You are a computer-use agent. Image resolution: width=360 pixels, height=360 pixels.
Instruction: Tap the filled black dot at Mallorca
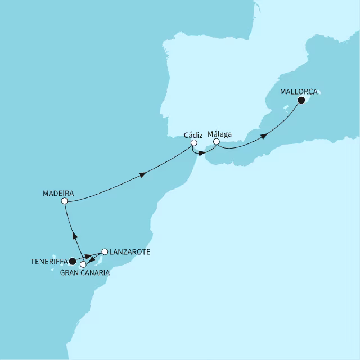tap(301, 100)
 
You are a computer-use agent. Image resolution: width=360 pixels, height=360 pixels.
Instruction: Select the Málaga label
tap(219, 134)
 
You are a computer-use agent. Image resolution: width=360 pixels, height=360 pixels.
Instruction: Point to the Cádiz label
tap(193, 135)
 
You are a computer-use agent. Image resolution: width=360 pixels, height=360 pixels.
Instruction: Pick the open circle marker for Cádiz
tap(193, 143)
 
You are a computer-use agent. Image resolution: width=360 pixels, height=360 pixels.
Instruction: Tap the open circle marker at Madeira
tap(65, 200)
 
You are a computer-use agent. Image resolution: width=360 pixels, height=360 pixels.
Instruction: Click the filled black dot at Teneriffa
tap(73, 261)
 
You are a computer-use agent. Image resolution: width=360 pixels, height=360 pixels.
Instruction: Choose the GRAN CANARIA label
tap(84, 272)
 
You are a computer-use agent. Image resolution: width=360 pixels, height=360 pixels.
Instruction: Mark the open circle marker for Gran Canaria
tap(83, 264)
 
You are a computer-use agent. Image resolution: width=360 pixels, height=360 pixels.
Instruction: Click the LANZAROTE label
tap(129, 252)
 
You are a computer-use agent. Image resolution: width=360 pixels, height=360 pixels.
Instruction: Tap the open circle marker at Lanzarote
tap(104, 251)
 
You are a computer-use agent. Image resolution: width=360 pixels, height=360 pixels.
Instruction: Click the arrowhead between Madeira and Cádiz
tap(143, 175)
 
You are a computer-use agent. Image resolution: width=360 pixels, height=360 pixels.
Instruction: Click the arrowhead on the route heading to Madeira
tap(74, 235)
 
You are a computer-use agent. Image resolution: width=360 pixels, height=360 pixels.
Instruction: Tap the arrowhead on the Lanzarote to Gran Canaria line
tap(93, 259)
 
